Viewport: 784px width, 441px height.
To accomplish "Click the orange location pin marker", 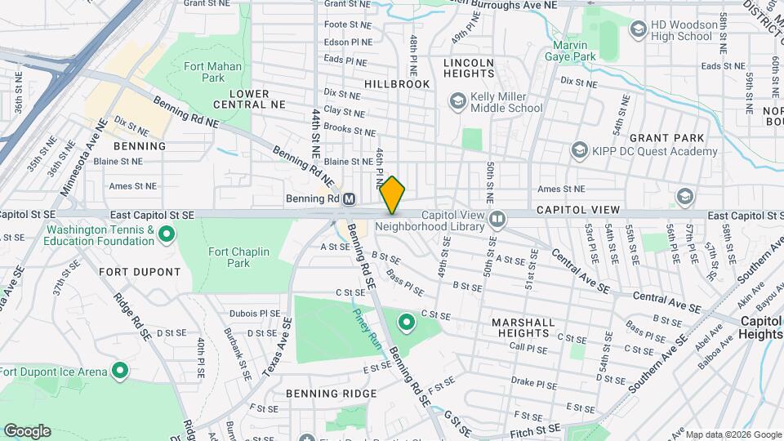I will pos(393,194).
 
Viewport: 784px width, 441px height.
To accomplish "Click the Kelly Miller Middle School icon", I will pos(457,100).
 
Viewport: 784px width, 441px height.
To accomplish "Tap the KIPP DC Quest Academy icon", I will pos(579,150).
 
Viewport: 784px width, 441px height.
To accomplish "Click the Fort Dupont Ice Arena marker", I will pos(120,372).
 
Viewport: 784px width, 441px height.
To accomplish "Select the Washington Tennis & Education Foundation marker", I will pos(167,235).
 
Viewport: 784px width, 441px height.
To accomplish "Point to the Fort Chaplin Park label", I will pos(238,257).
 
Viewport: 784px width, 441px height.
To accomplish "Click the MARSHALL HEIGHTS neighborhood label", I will pos(530,327).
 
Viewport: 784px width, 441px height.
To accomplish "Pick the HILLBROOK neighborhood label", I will pos(397,84).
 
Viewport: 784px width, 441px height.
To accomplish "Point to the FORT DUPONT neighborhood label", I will pos(140,271).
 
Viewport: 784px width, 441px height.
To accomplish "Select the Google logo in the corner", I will pos(27,431).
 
